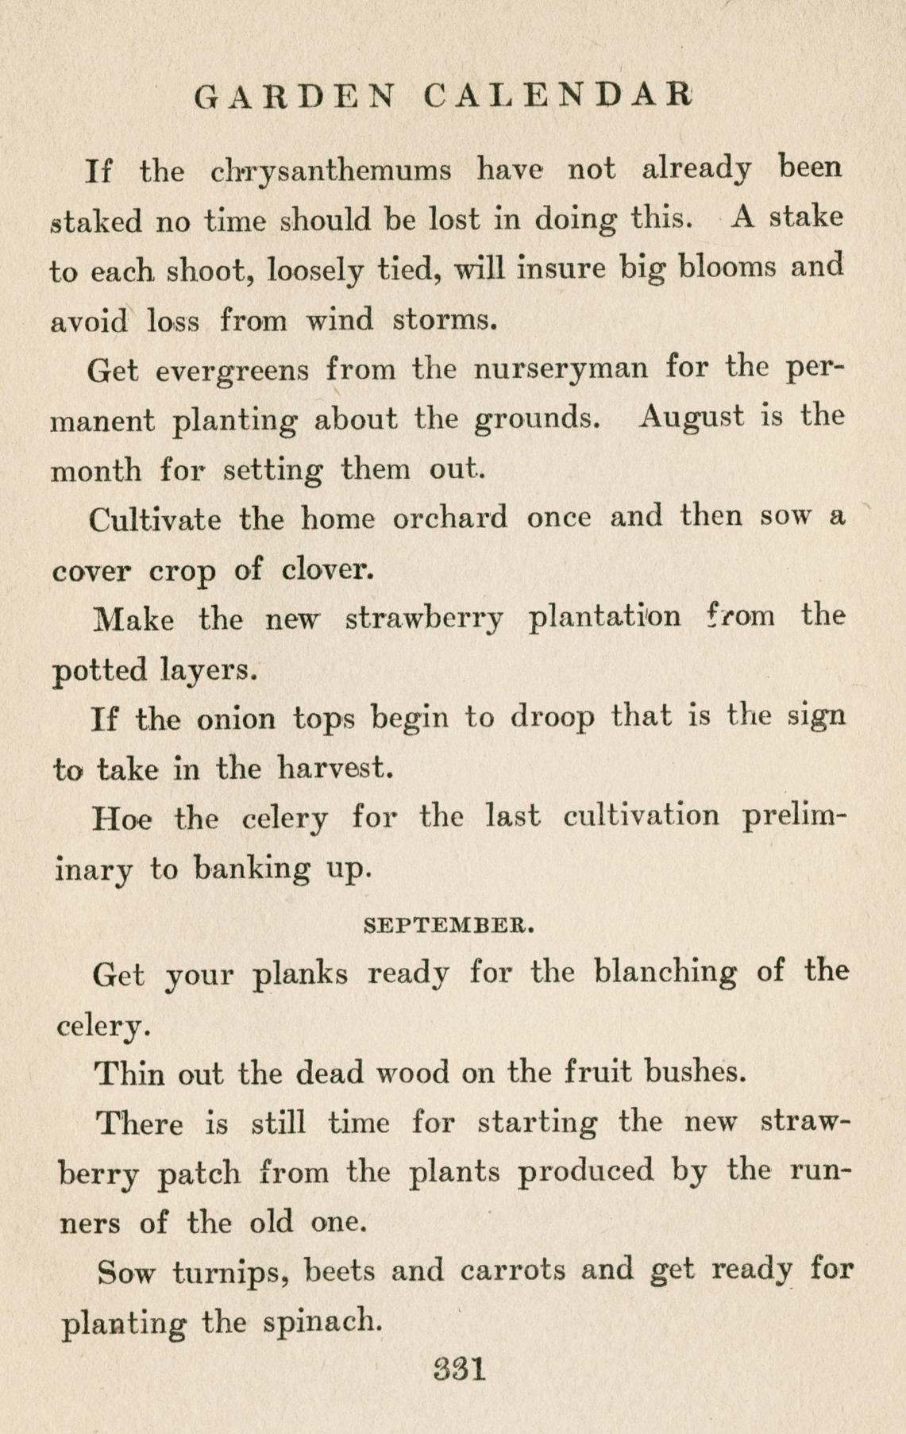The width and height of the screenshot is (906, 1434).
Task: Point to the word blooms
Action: (x=731, y=267)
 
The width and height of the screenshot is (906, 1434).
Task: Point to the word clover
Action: (x=329, y=569)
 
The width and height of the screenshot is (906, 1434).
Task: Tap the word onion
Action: (x=236, y=719)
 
